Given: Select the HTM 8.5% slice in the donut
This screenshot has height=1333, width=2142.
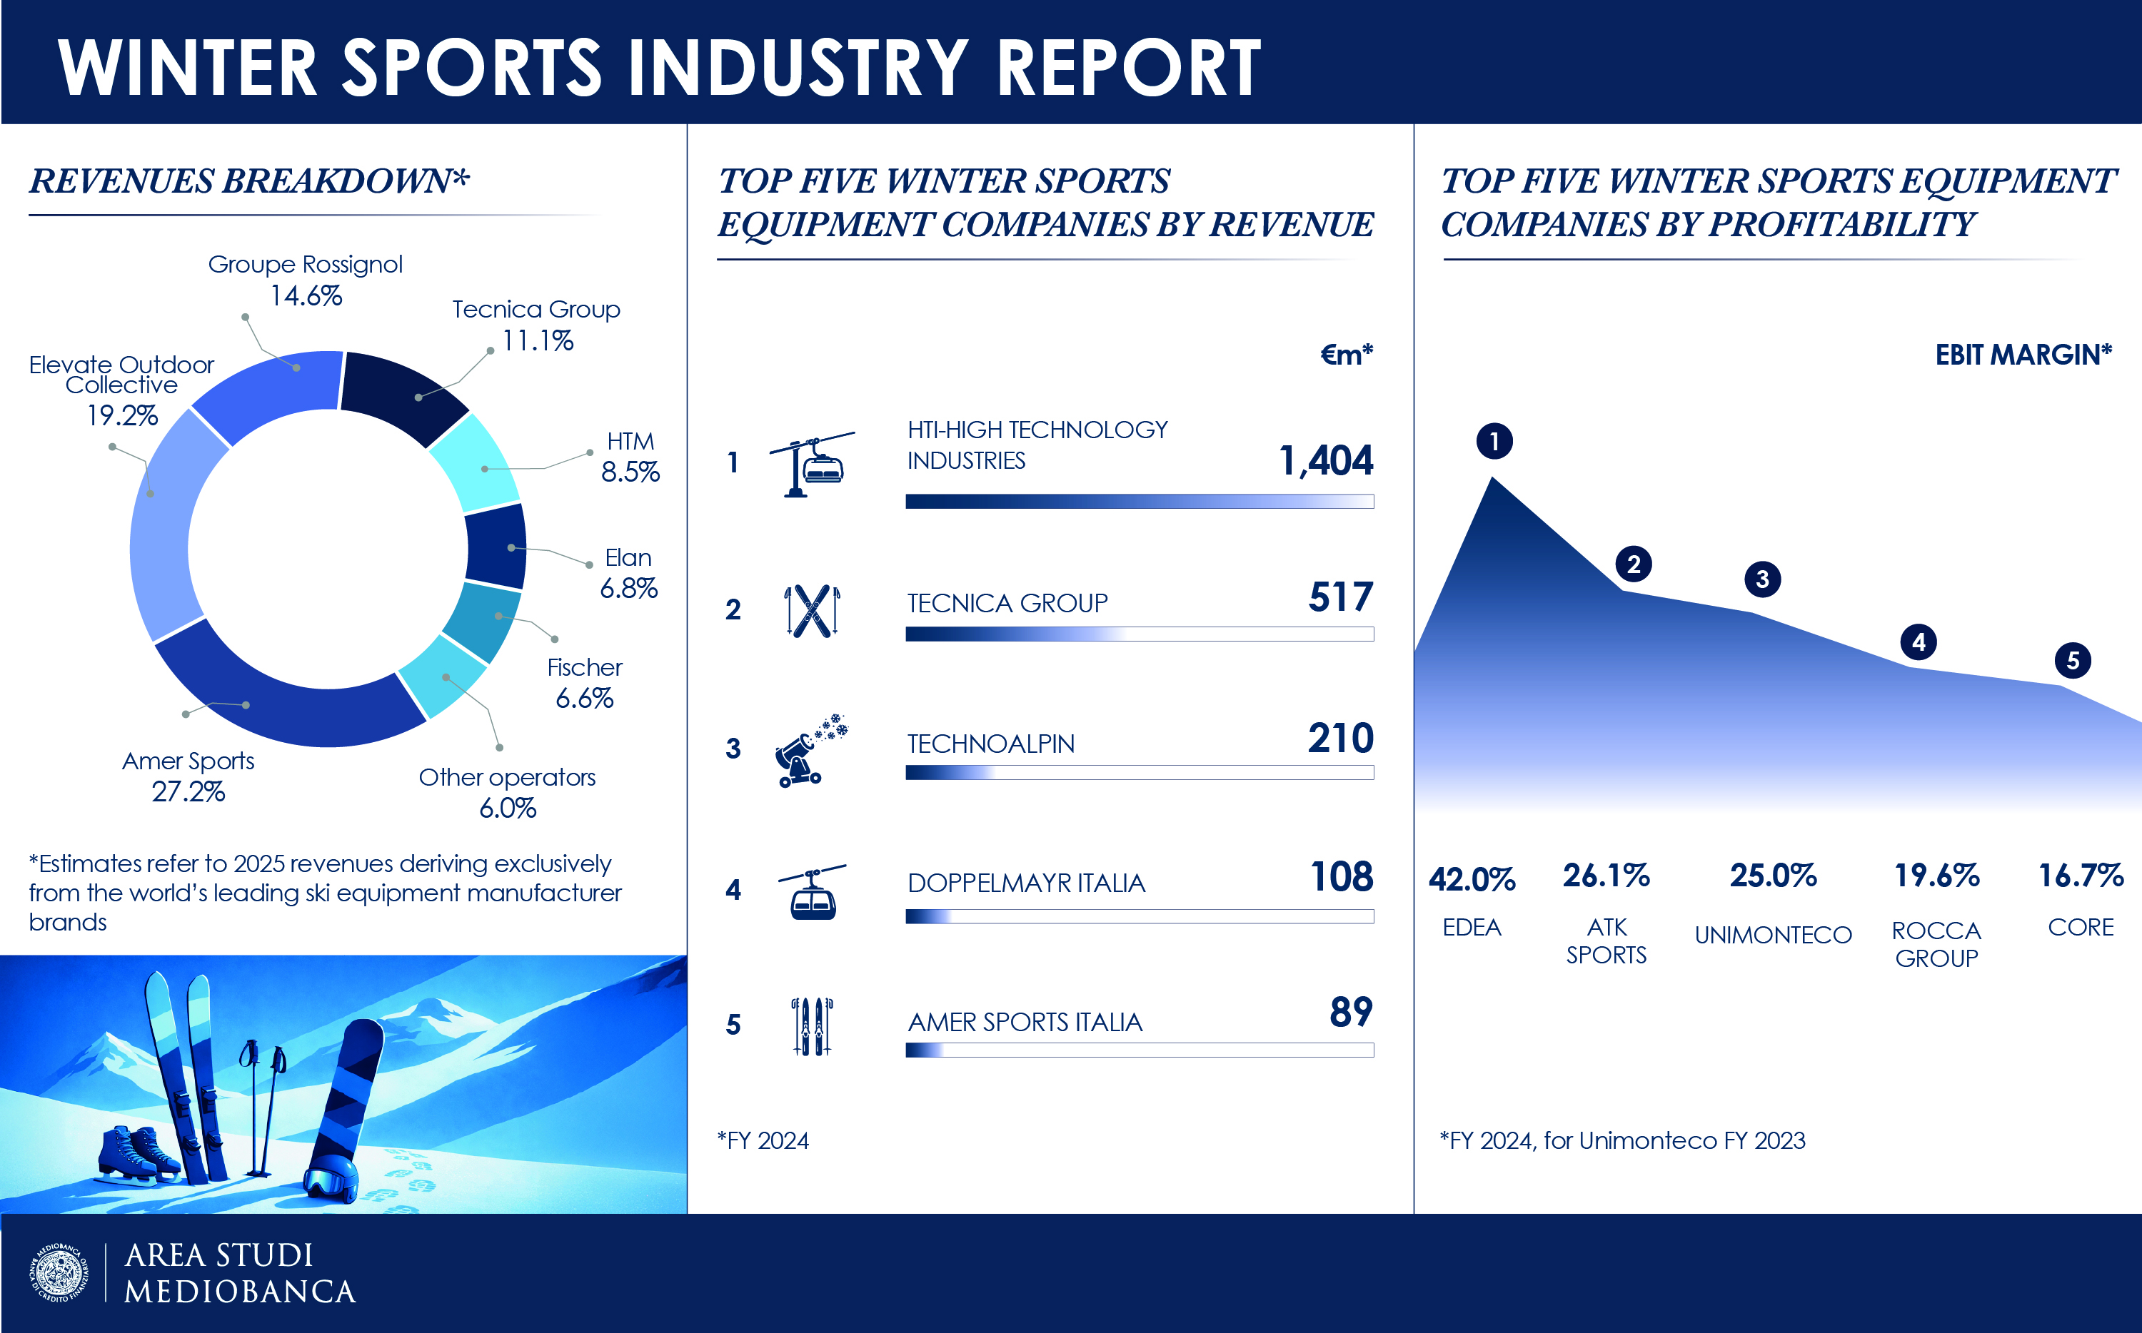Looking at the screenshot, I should coord(476,463).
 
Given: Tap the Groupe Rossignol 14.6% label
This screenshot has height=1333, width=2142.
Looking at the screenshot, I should coord(305,280).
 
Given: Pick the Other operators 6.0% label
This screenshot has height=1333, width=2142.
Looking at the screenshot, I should coord(507,791).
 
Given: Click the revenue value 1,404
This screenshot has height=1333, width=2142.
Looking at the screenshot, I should coord(1325,460).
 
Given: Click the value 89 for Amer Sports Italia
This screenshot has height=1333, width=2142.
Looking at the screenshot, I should coord(1351,1012).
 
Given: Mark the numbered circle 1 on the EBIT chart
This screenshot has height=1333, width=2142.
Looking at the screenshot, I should coord(1494,441).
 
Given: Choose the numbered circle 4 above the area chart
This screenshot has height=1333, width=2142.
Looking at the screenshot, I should coord(1918,642).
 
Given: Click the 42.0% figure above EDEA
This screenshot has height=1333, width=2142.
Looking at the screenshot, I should coord(1472,879).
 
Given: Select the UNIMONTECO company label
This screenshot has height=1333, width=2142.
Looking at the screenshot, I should coord(1773,935).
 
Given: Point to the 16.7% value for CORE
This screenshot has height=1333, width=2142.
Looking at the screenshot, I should coord(2081,876).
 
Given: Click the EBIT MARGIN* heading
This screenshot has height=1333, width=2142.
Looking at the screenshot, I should coord(2023,355).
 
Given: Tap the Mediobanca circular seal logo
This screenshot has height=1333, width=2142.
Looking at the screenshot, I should coord(59,1272).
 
